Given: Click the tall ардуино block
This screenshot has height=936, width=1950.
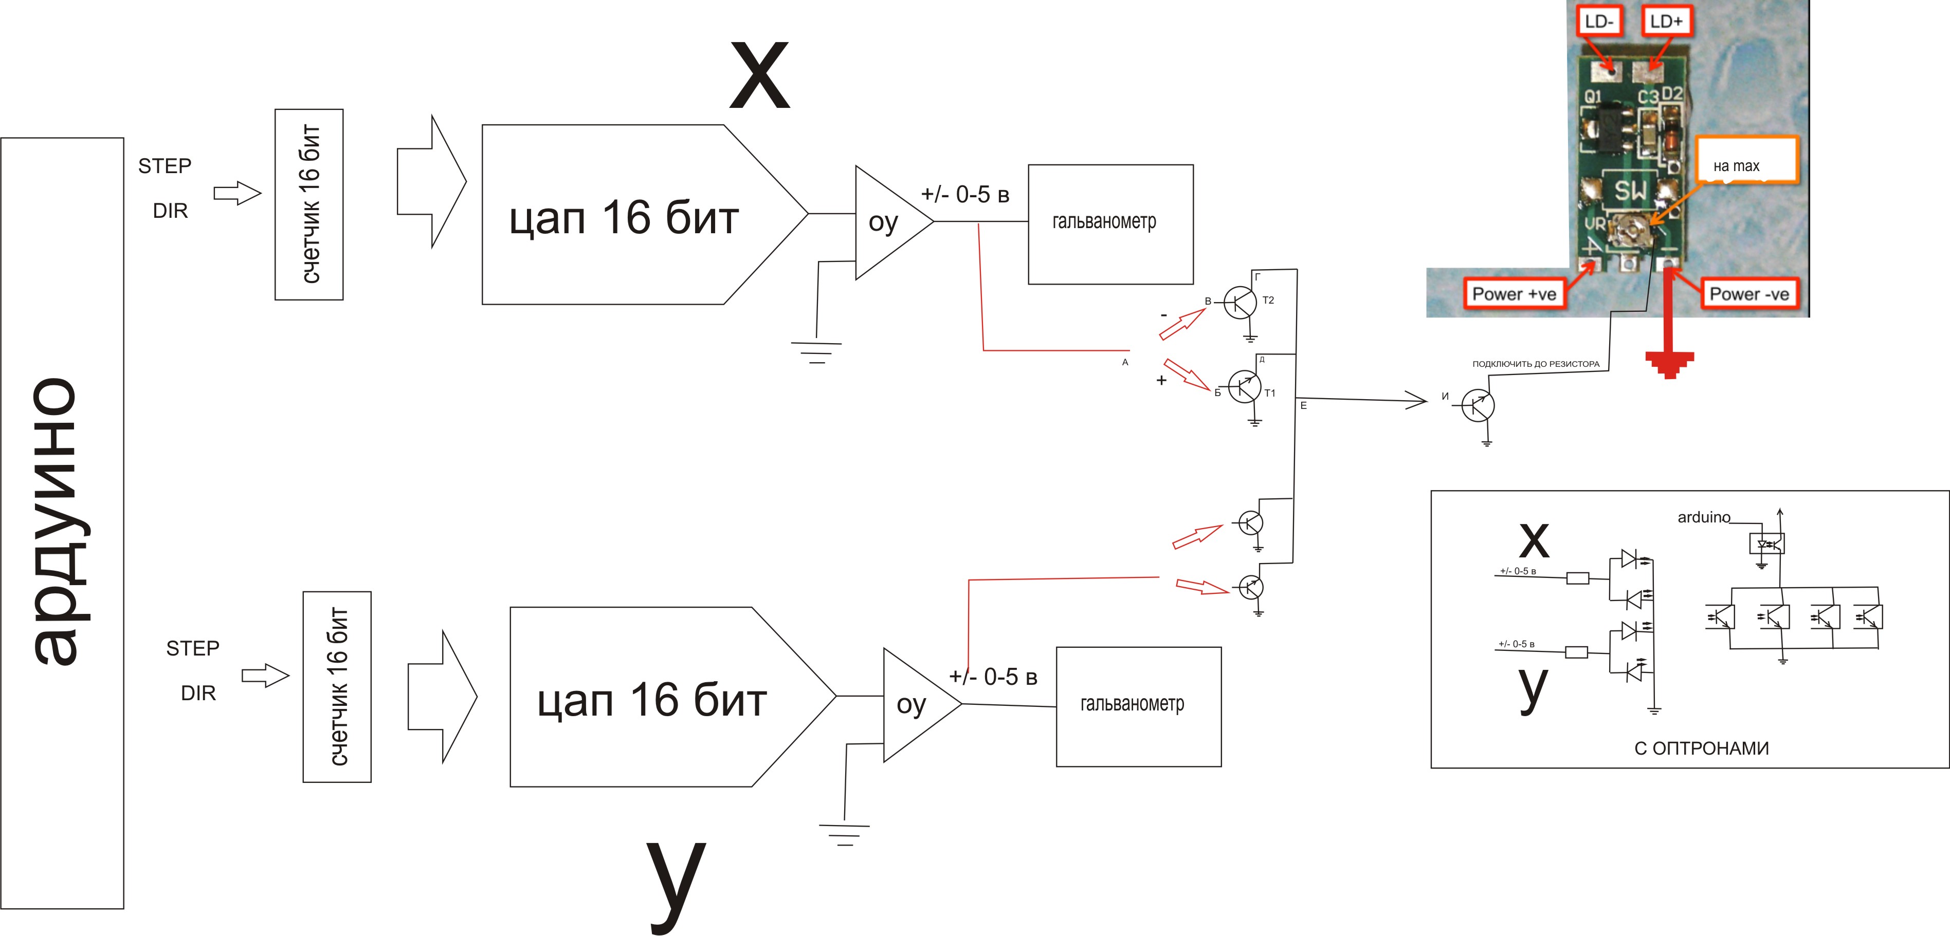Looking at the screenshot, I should pos(62,522).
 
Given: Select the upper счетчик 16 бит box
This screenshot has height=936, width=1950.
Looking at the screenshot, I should pos(309,204).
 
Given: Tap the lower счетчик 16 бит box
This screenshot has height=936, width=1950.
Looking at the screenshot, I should pos(337,686).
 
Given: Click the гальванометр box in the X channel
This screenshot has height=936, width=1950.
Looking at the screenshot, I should pos(1110,224).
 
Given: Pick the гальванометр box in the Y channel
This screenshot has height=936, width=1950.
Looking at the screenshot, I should pos(1138,706).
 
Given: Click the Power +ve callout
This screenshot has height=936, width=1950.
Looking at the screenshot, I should pos(1513,293).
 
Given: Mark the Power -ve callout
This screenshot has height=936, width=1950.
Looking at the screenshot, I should pos(1748,293).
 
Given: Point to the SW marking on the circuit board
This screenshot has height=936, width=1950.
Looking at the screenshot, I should pos(1630,191).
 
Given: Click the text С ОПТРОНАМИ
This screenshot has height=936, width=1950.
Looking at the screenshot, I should pos(1701,748).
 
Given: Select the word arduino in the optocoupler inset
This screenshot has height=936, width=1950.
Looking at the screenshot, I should pos(1703,517).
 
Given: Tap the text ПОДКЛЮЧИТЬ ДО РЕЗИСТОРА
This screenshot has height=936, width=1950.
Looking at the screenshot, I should pos(1535,364).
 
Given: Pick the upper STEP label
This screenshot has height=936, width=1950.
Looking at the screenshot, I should pos(165,166).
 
